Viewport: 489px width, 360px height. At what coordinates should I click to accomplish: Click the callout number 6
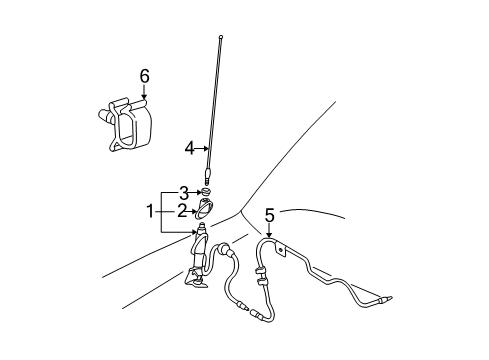coord(144,76)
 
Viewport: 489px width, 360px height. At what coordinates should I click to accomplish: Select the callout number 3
coord(183,192)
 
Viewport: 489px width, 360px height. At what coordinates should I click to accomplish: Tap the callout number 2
coord(183,210)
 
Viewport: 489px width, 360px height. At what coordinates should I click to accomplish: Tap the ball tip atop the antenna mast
coord(218,38)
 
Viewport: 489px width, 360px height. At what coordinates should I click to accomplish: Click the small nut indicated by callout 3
coord(205,192)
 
